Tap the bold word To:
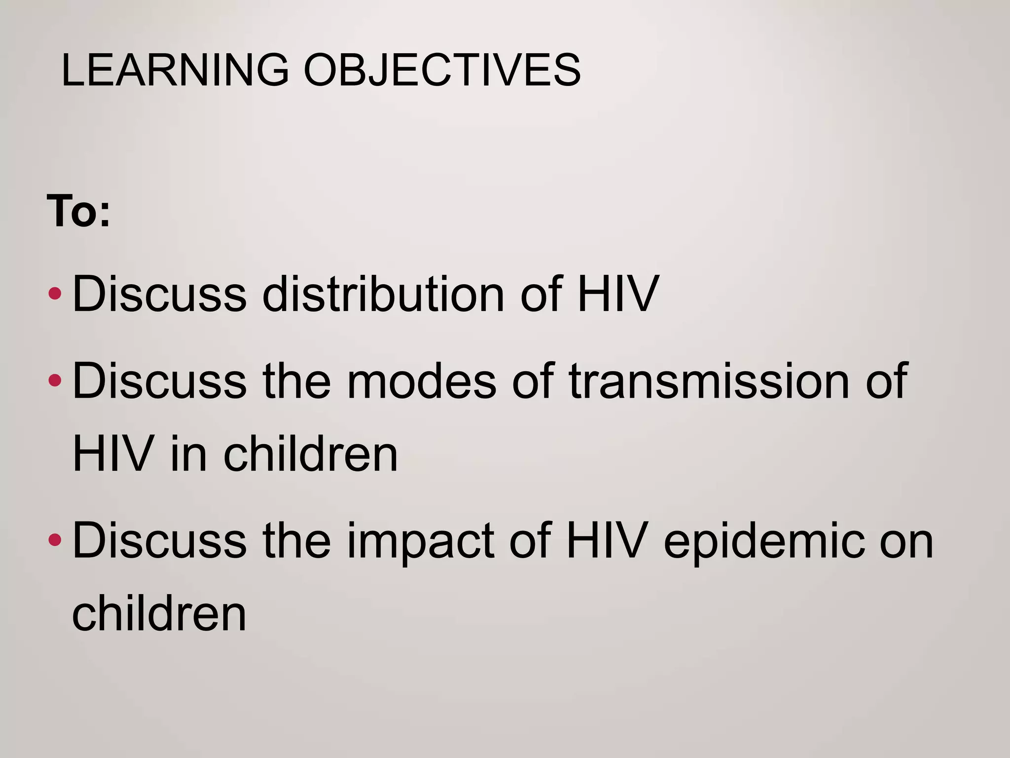(x=78, y=211)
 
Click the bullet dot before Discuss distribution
(x=55, y=295)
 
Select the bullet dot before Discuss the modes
(x=55, y=380)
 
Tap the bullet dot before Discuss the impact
(x=55, y=540)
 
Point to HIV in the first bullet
(x=617, y=294)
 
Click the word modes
(x=422, y=381)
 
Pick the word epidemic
(x=764, y=542)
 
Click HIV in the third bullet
(x=606, y=541)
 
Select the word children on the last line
(x=159, y=613)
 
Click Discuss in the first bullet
(x=159, y=294)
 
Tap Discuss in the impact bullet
(x=159, y=541)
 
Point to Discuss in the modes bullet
(x=159, y=381)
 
